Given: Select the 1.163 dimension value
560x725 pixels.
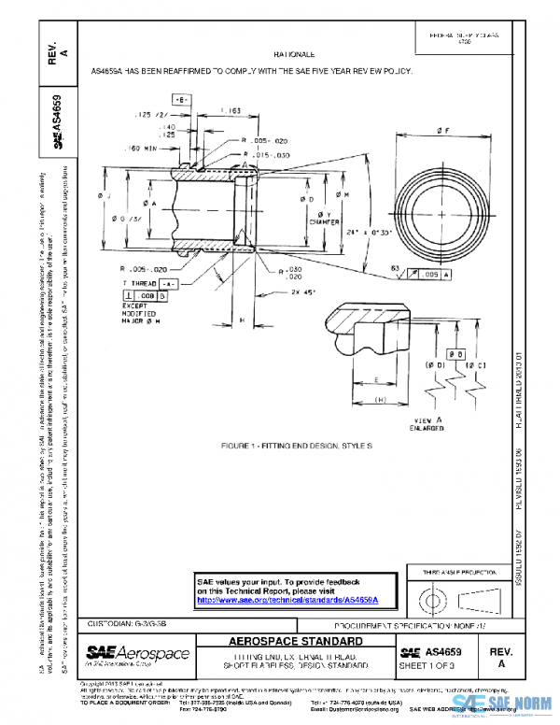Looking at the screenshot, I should point(207,111).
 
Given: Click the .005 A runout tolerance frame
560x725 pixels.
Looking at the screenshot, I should point(433,276).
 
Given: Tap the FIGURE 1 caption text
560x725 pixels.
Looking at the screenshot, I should point(296,446).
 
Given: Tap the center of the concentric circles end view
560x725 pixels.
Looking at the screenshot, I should point(440,213).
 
